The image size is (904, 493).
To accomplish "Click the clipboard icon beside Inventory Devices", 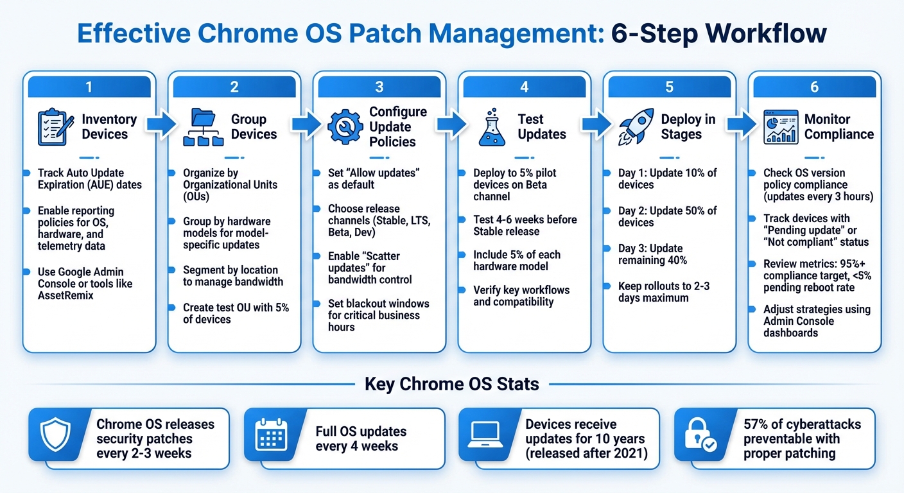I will [x=56, y=127].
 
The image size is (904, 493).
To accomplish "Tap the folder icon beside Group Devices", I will [x=202, y=127].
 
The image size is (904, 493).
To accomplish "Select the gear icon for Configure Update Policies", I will [x=345, y=127].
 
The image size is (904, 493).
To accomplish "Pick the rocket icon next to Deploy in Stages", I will [x=636, y=127].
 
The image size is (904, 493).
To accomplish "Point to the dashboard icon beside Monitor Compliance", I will [x=781, y=127].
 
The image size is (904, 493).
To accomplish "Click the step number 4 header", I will [x=524, y=87].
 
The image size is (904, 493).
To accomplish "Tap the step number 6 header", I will [x=814, y=87].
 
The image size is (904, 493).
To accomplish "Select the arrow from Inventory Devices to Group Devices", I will [x=161, y=126].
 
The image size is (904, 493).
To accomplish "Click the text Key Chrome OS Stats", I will [x=451, y=385].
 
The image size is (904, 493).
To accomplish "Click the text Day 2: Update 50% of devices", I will [x=667, y=216].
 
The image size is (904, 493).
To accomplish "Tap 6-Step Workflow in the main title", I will [x=718, y=33].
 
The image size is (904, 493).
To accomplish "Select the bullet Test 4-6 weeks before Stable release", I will [x=525, y=225].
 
